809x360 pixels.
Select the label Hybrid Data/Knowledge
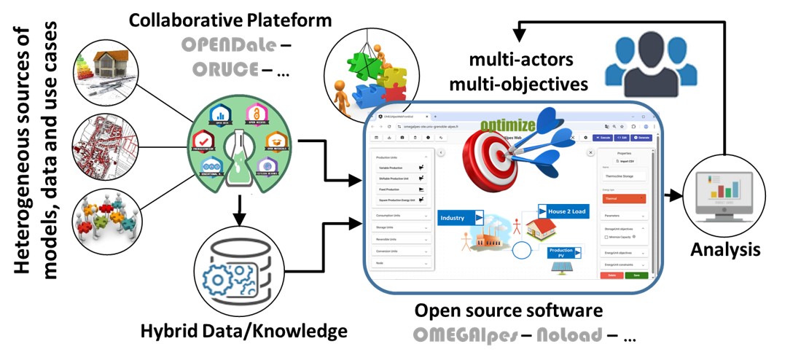(x=244, y=332)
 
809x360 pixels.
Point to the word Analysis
(x=725, y=249)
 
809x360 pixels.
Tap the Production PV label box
(x=564, y=253)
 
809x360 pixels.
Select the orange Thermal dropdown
(x=624, y=197)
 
